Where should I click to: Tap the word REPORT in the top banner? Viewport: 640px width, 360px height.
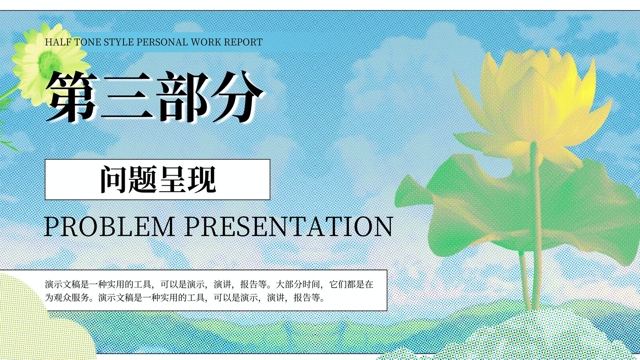(x=243, y=42)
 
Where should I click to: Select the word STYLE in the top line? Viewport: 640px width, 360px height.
(x=118, y=42)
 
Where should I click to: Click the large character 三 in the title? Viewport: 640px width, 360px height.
(x=127, y=96)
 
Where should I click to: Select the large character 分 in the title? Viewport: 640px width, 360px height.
(x=237, y=96)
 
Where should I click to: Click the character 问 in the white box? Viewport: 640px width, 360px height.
(x=113, y=180)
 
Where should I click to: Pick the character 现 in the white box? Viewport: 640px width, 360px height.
(x=202, y=180)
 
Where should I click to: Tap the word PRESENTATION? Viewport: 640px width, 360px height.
(x=289, y=226)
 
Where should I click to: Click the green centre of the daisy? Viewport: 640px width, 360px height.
(x=50, y=64)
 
